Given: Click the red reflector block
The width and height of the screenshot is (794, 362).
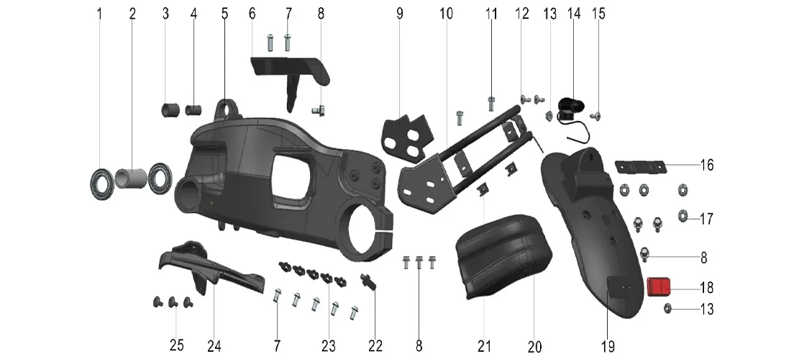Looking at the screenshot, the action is (659, 288).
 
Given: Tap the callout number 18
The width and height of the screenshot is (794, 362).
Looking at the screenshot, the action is (706, 288).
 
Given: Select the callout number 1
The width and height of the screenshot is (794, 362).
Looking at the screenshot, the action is (99, 14).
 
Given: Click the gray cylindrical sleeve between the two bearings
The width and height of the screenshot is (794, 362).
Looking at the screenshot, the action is (131, 178).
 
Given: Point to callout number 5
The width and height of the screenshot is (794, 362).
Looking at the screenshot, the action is (225, 14).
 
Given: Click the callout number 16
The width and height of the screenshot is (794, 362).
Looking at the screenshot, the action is (706, 165).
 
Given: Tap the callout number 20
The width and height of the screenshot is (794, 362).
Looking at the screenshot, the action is (535, 347).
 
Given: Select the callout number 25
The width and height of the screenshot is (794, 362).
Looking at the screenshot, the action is (176, 345).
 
